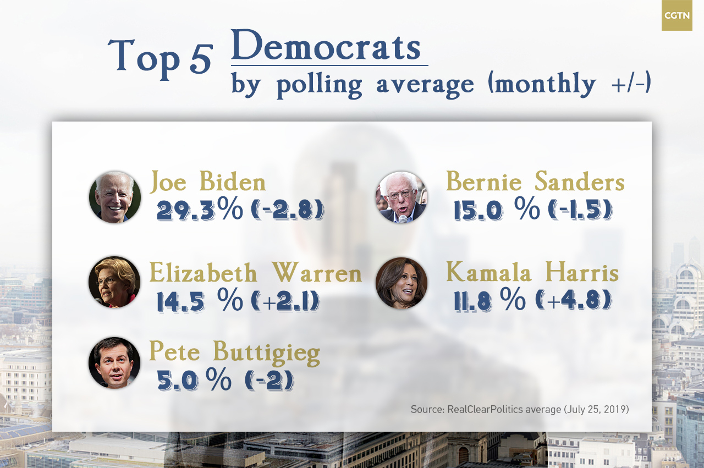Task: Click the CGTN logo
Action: point(676,15)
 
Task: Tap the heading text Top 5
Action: point(160,56)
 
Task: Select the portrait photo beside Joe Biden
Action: point(115,197)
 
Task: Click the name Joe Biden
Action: point(208,182)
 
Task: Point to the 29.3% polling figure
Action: point(199,210)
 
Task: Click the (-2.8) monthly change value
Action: point(287,210)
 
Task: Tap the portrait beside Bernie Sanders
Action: point(402,197)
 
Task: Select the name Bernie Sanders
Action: point(535,182)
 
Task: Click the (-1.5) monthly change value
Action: point(580,210)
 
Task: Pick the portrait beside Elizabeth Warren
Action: point(114,282)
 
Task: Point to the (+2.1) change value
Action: point(285,301)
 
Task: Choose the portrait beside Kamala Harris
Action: point(402,283)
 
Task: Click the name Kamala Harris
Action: point(532,272)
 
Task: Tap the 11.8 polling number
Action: point(474,301)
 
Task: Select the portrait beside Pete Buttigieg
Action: point(114,363)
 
